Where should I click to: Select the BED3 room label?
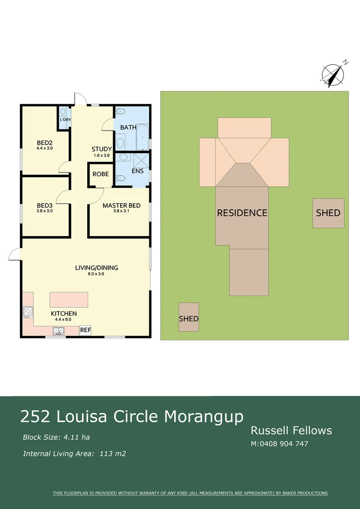45,205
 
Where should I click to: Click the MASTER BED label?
121,205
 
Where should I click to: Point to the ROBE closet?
100,174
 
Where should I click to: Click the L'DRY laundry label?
65,120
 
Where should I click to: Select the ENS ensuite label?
138,171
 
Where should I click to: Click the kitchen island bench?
69,299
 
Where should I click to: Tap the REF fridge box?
85,330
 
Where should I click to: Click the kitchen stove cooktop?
28,312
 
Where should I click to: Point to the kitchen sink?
59,331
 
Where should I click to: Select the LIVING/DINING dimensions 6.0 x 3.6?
97,274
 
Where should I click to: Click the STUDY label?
102,149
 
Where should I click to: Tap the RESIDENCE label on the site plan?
242,213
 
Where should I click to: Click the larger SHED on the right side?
328,213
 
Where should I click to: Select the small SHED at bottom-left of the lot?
188,319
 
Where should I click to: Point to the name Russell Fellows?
291,430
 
